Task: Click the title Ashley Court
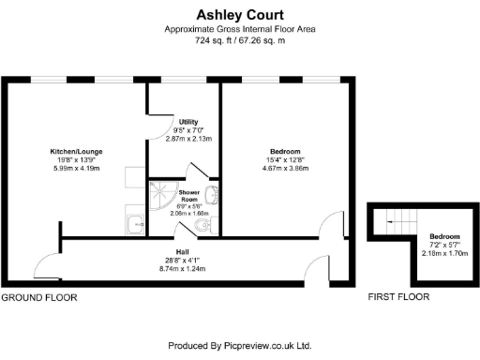tap(239, 14)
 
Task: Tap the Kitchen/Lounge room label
tap(82, 151)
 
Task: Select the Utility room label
tap(187, 123)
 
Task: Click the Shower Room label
tap(189, 194)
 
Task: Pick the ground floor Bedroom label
tap(284, 152)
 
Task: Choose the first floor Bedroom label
tap(443, 236)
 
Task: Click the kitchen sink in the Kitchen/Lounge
tap(135, 223)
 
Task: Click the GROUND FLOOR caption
tap(38, 297)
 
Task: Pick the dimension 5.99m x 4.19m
tap(82, 168)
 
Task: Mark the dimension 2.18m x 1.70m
tap(443, 253)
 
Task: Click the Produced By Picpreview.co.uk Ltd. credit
tap(239, 346)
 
